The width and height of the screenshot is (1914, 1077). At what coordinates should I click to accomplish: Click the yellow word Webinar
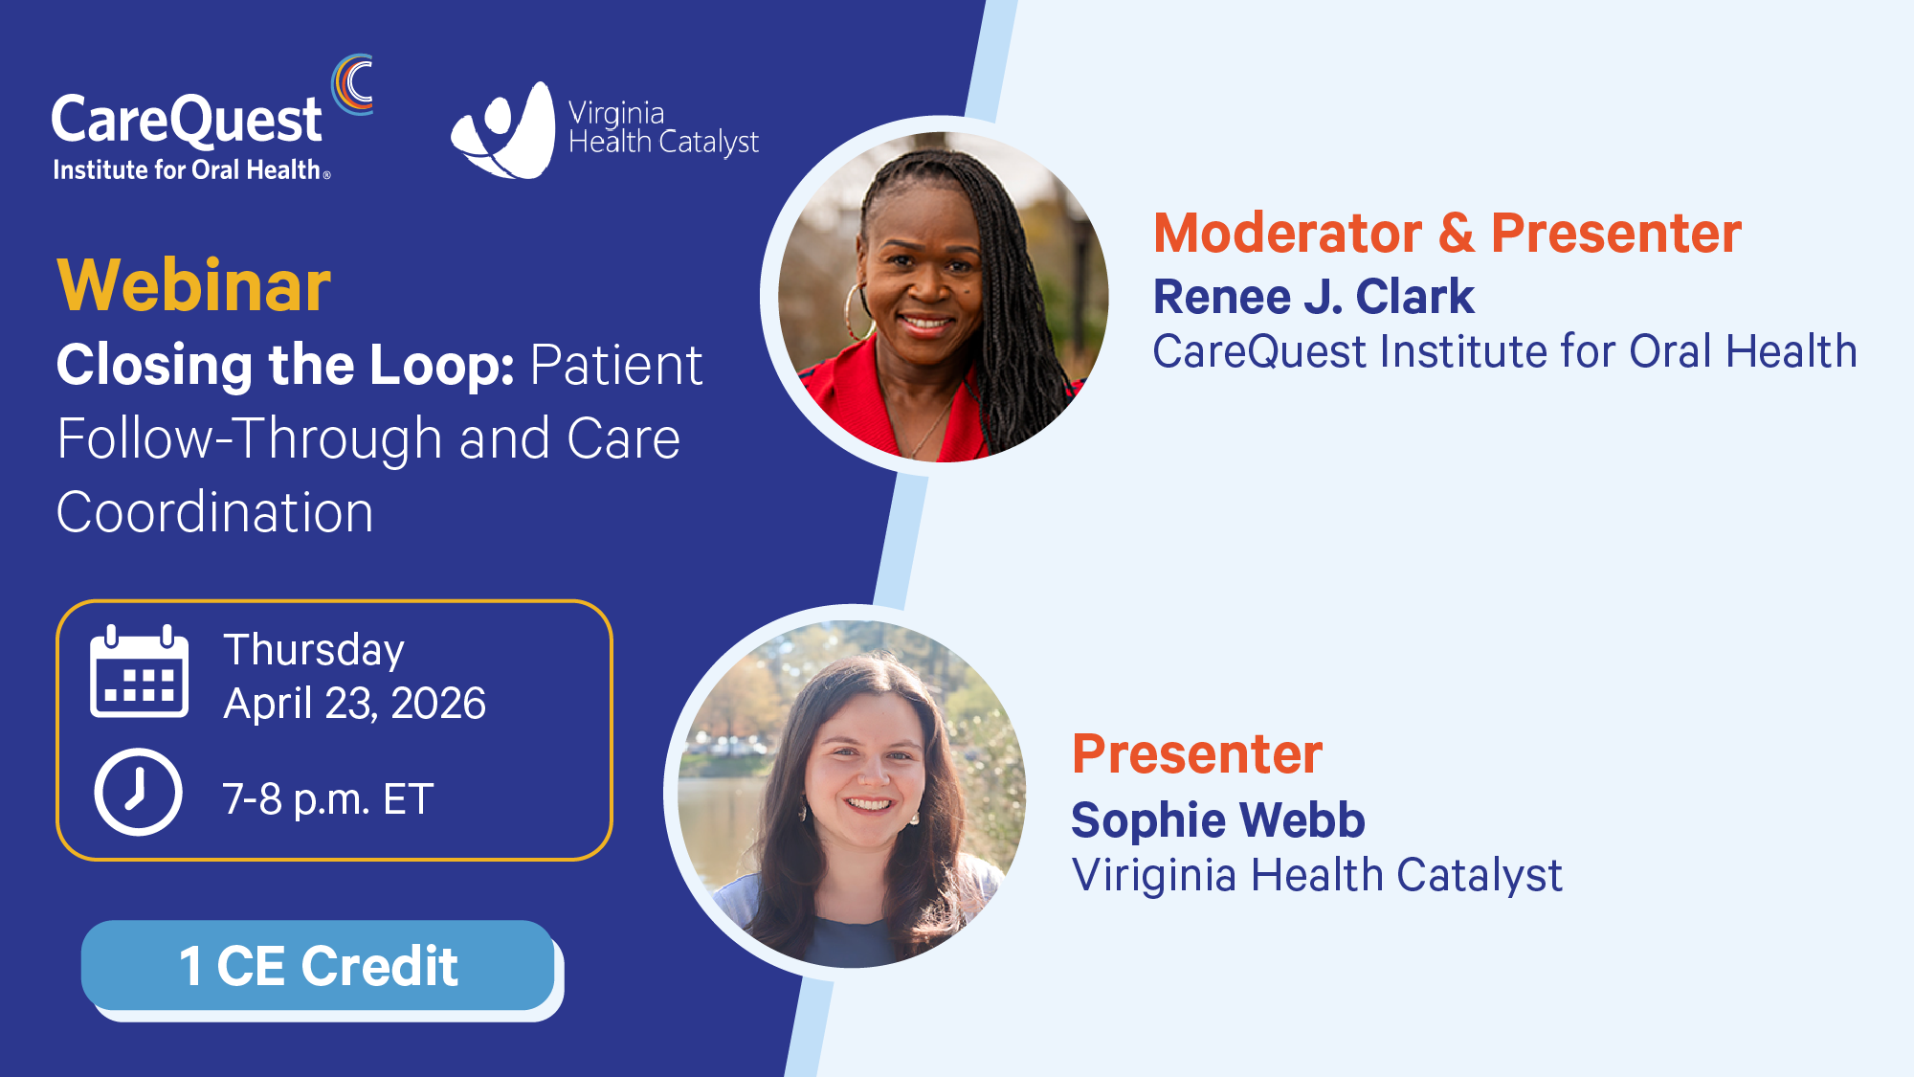coord(194,285)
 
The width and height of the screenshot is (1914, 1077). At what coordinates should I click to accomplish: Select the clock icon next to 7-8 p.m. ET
coord(138,793)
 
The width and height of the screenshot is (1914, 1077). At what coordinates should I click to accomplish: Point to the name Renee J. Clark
coord(1313,296)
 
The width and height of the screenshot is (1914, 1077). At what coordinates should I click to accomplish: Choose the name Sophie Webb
coord(1217,819)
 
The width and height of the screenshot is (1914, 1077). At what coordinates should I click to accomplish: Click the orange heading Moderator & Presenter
coord(1447,233)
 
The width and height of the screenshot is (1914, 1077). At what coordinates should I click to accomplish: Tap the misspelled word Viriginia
coord(1154,875)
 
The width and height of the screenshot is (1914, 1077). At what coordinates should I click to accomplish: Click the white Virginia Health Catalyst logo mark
coord(503,130)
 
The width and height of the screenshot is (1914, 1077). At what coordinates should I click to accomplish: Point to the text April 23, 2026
coord(354,704)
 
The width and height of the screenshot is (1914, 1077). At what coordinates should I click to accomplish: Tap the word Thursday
coord(314,650)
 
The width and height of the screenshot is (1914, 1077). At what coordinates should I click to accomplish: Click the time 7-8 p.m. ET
coord(328,798)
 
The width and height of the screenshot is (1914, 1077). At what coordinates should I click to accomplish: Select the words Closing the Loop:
coord(285,365)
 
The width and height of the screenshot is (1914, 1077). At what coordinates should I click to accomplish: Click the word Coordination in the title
coord(215,512)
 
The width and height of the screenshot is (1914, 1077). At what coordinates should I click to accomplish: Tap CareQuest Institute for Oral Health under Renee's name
coord(1504,351)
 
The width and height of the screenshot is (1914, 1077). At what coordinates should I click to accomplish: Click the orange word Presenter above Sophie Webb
coord(1197,753)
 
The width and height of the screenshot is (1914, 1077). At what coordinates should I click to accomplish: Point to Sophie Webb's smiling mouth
coord(869,803)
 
